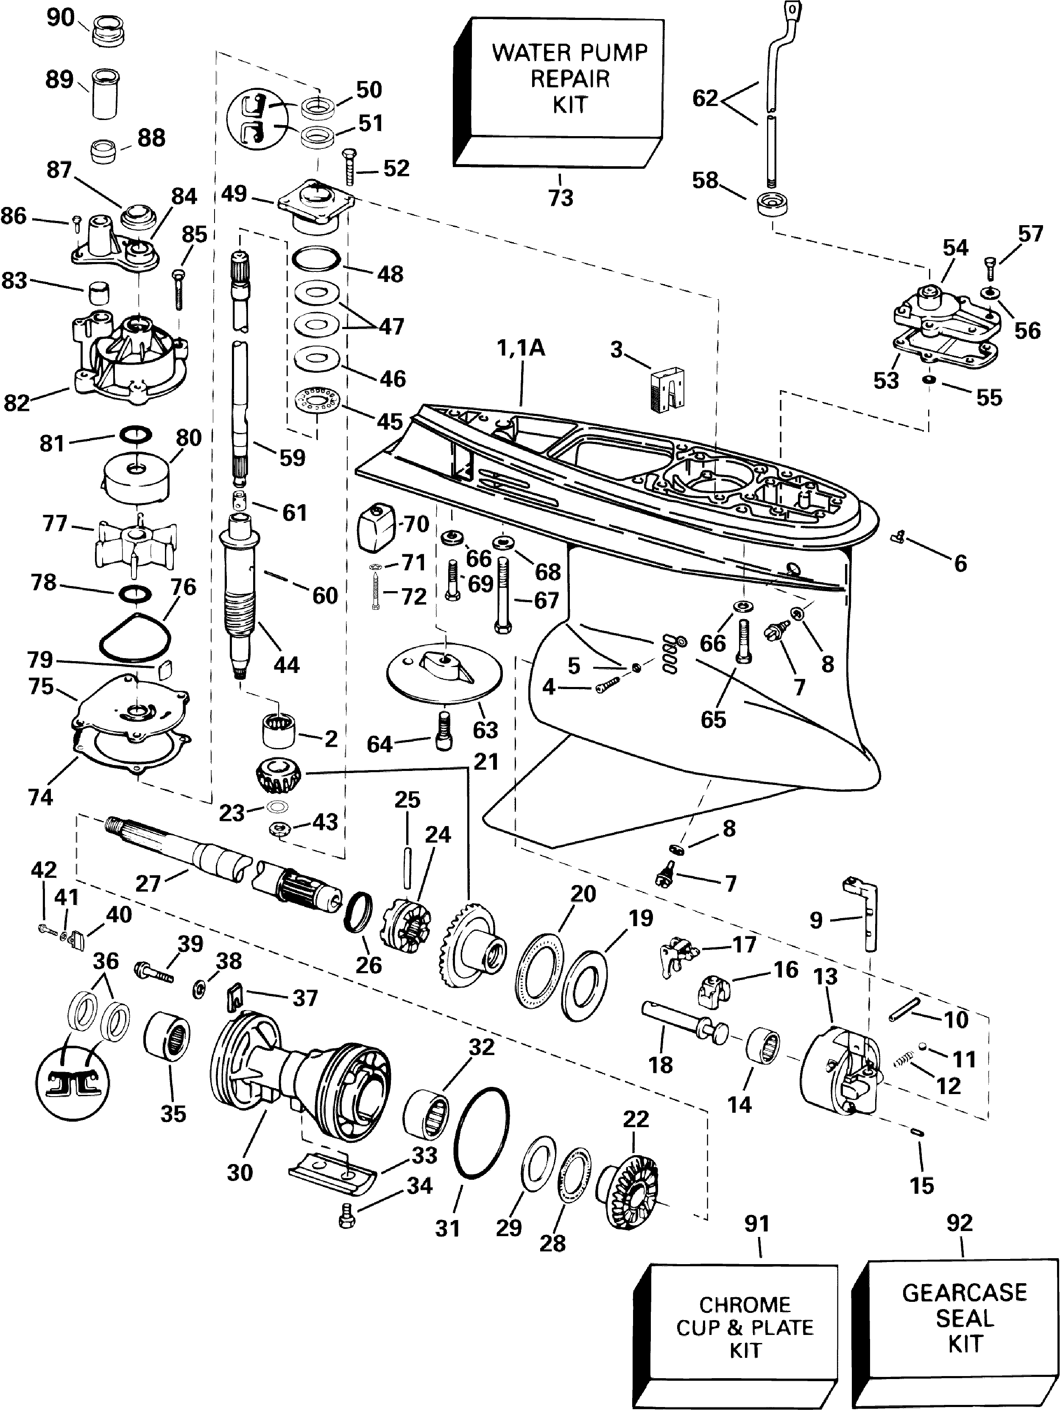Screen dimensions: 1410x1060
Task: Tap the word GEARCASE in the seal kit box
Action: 965,1292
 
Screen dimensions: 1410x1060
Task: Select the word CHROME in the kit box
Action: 745,1305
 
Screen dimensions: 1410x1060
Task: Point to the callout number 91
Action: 757,1223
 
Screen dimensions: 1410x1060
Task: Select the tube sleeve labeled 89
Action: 106,94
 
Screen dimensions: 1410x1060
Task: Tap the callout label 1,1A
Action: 522,348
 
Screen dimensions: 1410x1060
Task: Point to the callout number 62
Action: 705,99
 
